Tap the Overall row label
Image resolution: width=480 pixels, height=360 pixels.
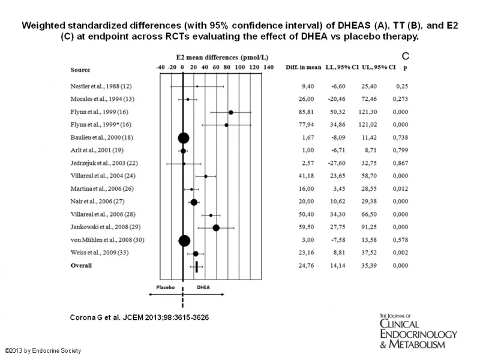tap(81, 266)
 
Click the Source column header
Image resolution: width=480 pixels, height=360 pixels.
tap(80, 70)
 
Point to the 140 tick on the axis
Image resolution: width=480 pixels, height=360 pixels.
tap(268, 67)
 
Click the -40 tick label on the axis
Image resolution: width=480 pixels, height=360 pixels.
tap(160, 67)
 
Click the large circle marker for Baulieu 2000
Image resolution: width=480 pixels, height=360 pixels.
tap(184, 138)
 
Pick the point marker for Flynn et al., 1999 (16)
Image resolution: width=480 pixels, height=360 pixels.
tap(231, 112)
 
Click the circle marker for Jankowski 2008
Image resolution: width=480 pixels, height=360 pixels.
tap(216, 227)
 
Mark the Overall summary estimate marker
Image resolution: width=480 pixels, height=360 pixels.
tap(197, 266)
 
